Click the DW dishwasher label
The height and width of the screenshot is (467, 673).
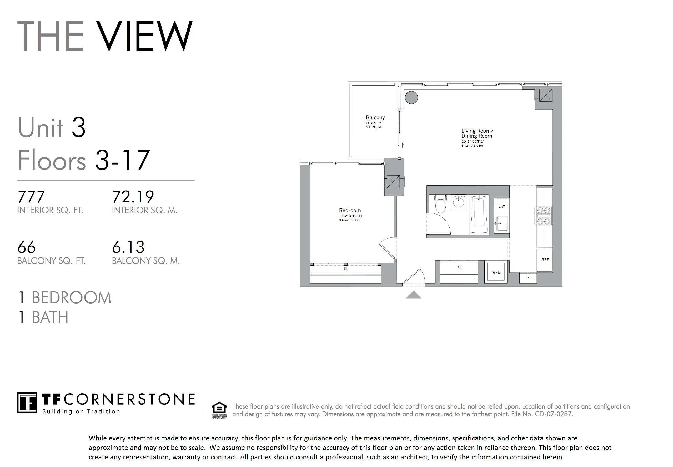click(x=502, y=206)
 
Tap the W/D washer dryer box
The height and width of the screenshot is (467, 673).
click(x=496, y=272)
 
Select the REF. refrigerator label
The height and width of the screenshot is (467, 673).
click(x=545, y=260)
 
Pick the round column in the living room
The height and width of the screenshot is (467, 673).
click(x=411, y=97)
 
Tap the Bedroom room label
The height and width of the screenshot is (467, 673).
click(x=350, y=210)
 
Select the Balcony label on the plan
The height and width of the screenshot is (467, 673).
click(x=375, y=118)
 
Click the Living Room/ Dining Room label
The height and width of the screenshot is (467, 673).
click(x=477, y=133)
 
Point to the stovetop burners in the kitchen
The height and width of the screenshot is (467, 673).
click(x=544, y=216)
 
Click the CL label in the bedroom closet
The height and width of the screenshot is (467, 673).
click(x=346, y=269)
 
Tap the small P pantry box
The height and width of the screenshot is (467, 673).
click(x=528, y=278)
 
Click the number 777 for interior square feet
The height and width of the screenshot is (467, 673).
click(x=31, y=197)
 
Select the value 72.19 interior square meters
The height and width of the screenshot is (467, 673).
click(x=133, y=197)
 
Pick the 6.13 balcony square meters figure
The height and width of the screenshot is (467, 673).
click(x=128, y=247)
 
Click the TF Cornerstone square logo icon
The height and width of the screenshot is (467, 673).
click(x=27, y=403)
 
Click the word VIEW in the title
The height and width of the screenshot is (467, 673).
click(x=144, y=36)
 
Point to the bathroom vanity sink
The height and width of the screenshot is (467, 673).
click(x=458, y=202)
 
